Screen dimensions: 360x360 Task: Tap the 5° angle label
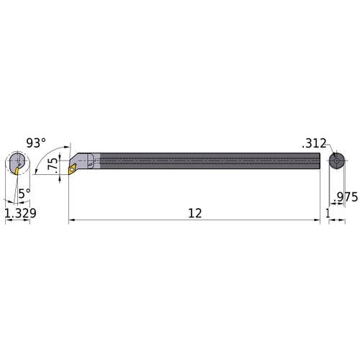(x=24, y=193)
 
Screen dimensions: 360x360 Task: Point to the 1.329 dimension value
(x=17, y=213)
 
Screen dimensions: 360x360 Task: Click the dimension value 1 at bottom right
(x=328, y=213)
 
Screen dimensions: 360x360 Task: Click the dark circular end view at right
(x=335, y=162)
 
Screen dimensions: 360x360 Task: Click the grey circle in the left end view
(x=19, y=160)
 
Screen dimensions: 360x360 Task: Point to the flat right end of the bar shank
(x=319, y=161)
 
